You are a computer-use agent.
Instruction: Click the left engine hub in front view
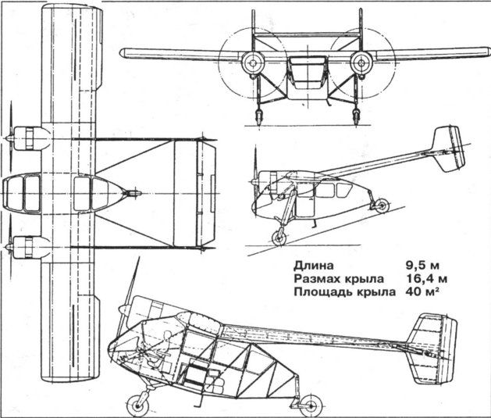coord(251,62)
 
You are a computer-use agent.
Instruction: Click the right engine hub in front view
coord(360,62)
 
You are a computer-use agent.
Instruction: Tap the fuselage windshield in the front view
coord(305,69)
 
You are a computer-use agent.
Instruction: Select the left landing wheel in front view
coord(257,118)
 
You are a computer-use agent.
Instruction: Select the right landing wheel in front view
coord(355,118)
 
